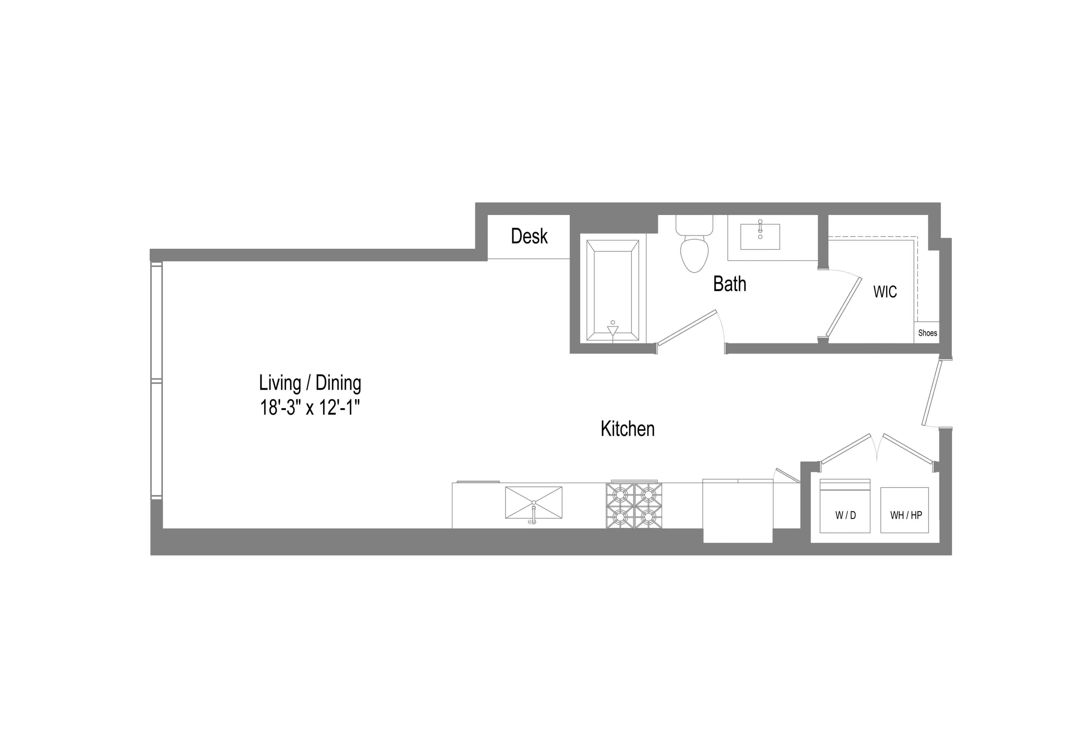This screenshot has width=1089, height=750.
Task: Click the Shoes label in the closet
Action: (927, 333)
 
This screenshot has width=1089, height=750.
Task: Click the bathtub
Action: (613, 290)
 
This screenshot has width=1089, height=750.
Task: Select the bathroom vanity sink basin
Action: (760, 236)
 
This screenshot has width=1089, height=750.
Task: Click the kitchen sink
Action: (533, 502)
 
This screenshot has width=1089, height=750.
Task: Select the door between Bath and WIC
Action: (843, 307)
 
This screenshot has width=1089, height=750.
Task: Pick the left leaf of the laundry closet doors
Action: (845, 448)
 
